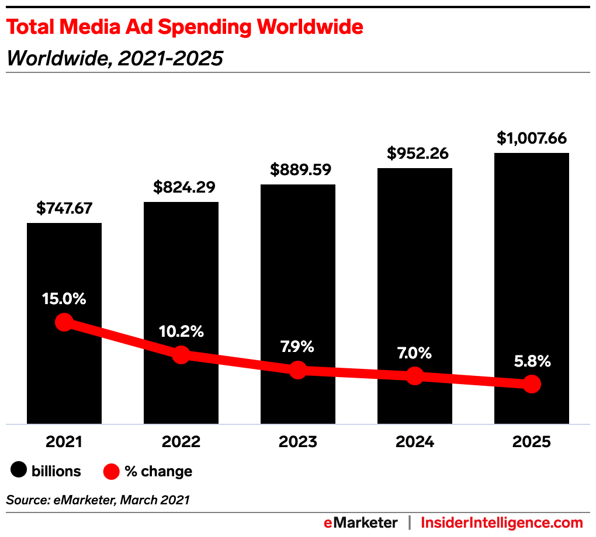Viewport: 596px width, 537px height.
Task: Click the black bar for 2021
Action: [64, 263]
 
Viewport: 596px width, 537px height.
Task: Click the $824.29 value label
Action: [181, 187]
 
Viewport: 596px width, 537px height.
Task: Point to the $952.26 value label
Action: [415, 154]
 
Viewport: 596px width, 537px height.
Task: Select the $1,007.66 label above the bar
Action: [532, 138]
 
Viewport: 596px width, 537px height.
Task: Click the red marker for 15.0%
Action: [64, 322]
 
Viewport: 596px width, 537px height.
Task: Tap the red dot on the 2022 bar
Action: [181, 354]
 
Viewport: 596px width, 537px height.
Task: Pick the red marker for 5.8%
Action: [531, 384]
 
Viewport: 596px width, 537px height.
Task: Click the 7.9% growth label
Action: [298, 347]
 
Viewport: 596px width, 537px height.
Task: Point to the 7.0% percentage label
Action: [415, 353]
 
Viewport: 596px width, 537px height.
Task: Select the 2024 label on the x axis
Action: [415, 442]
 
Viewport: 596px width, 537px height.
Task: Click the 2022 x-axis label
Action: [181, 442]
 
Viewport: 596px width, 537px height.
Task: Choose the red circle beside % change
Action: [112, 471]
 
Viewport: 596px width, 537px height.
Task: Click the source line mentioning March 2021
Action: [98, 500]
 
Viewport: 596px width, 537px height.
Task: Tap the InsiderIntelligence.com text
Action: [502, 522]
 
